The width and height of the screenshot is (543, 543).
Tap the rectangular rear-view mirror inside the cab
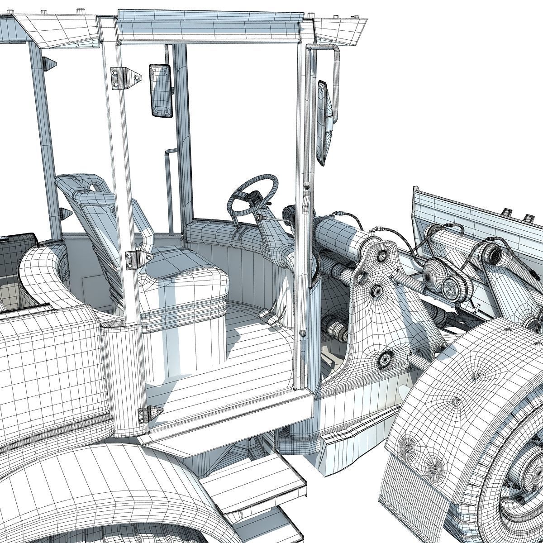pos(161,91)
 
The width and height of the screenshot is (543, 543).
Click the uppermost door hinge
pos(122,78)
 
